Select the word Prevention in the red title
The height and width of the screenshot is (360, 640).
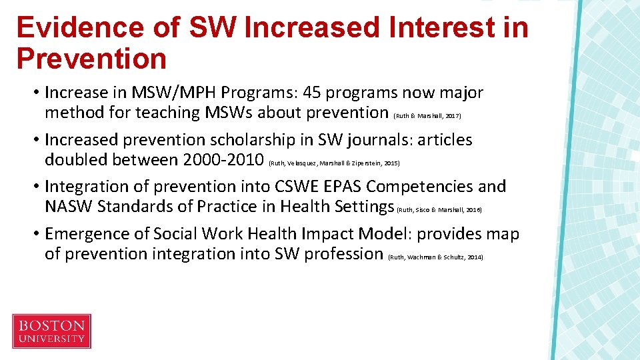click(x=91, y=59)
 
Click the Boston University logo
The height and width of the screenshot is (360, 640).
click(x=51, y=331)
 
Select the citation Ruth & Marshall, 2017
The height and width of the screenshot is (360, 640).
click(x=427, y=116)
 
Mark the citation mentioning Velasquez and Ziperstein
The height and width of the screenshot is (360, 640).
click(x=333, y=163)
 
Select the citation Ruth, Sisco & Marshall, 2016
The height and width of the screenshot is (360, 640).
click(x=439, y=209)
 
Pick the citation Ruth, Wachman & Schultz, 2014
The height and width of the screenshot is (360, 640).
click(x=435, y=257)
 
